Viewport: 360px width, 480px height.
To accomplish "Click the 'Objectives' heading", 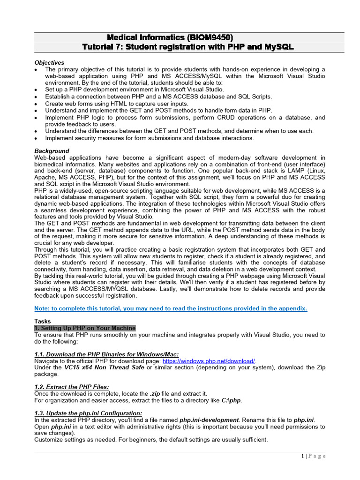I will pyautogui.click(x=49, y=62).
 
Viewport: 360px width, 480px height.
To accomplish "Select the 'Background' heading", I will pyautogui.click(x=52, y=151).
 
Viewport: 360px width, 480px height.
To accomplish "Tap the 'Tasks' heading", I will pyautogui.click(x=43, y=322).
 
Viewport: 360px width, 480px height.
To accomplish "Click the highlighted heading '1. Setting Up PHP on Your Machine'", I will pyautogui.click(x=85, y=328).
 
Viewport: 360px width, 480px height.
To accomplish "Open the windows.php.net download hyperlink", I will pyautogui.click(x=209, y=361).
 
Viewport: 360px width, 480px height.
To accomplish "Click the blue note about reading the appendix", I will pyautogui.click(x=171, y=308).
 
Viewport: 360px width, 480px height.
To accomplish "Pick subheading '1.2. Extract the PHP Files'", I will pyautogui.click(x=72, y=387).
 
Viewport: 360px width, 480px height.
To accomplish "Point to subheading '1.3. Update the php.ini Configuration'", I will pyautogui.click(x=88, y=413).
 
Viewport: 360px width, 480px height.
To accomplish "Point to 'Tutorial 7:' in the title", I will pyautogui.click(x=105, y=47).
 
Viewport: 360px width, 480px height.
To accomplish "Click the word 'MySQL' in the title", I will pyautogui.click(x=278, y=47).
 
